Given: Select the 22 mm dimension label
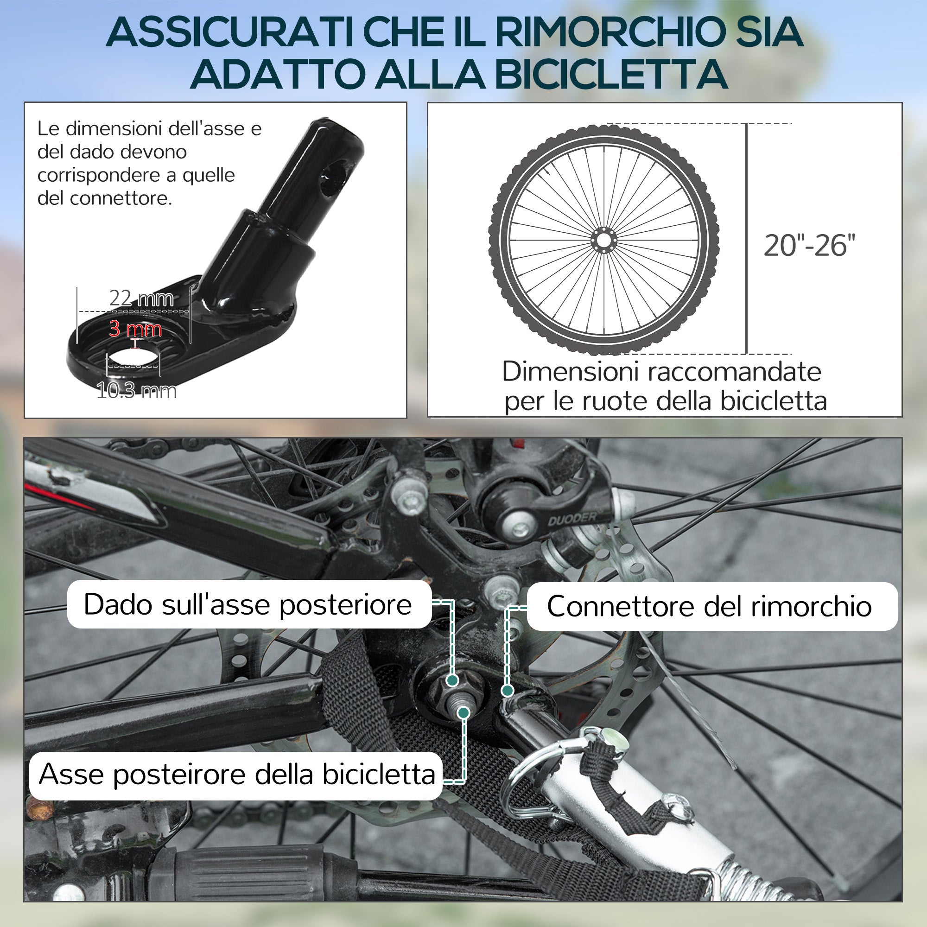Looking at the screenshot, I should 141,298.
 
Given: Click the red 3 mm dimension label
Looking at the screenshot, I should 135,329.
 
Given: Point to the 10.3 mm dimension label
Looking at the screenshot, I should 137,391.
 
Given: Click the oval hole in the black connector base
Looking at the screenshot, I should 133,360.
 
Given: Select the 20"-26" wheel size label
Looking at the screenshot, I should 809,246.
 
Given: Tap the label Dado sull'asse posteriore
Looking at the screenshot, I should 248,604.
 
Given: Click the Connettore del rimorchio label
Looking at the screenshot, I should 709,606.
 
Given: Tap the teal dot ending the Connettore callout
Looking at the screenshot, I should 507,691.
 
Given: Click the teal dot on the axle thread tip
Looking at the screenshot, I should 463,712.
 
